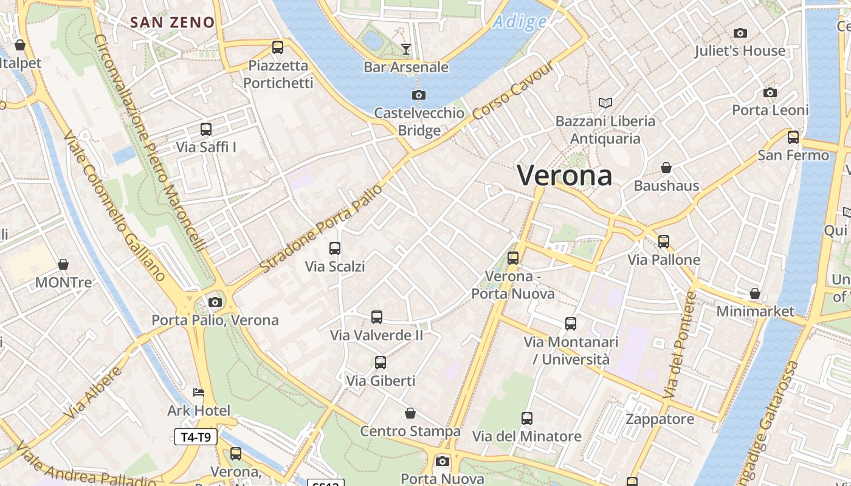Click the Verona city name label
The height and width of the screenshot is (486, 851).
564,176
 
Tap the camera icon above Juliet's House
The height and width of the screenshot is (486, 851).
740,33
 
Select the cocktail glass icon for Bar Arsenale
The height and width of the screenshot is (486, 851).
406,49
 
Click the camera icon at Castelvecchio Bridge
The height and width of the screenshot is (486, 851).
418,95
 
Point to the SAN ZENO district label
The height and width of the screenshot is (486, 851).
173,23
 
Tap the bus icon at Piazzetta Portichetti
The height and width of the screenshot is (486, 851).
278,47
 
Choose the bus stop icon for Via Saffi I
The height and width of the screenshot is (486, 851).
206,129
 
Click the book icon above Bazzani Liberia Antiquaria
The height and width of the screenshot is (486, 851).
605,103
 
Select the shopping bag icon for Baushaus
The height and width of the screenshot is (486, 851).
666,168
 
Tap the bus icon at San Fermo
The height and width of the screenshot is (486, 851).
793,137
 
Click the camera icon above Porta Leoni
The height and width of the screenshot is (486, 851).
770,92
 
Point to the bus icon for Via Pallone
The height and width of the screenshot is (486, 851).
664,242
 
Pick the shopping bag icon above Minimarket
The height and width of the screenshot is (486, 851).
755,294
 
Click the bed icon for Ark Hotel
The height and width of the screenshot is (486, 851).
199,392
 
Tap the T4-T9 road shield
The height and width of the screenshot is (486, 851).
196,437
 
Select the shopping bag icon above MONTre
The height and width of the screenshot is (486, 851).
63,264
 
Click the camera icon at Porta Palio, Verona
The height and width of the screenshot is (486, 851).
215,302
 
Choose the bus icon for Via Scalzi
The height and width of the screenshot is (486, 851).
335,248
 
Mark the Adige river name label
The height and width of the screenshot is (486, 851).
520,22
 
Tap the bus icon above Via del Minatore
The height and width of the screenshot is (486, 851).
527,419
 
